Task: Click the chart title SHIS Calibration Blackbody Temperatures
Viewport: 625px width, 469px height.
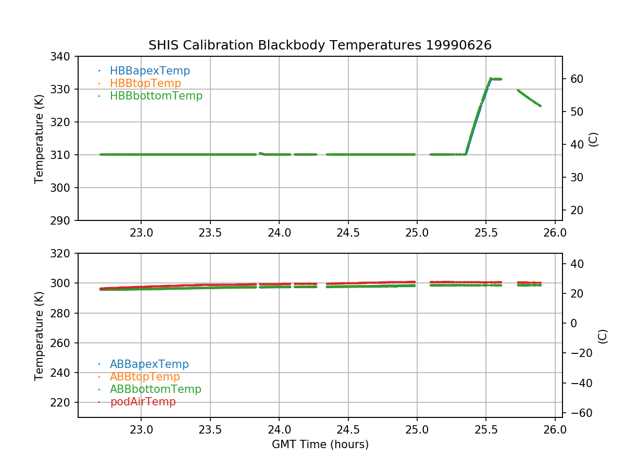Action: pos(320,45)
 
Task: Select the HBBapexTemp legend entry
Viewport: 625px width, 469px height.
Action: pos(149,71)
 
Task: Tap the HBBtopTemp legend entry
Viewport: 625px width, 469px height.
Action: pos(145,83)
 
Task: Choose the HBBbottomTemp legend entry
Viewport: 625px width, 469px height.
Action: pos(156,96)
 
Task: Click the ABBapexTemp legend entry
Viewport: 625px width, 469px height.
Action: pos(149,364)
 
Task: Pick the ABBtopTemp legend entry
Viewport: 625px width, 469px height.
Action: pos(145,377)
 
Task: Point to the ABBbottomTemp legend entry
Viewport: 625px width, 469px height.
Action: pos(155,389)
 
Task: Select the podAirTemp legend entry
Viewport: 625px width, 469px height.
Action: pos(143,402)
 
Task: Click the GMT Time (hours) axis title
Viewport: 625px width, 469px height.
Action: pos(320,445)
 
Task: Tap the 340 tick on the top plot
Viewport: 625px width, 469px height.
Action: pos(63,56)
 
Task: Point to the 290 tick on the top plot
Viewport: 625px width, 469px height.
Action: pos(63,220)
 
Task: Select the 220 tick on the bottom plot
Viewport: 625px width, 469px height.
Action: pos(63,403)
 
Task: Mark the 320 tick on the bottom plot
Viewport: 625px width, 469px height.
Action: pos(63,254)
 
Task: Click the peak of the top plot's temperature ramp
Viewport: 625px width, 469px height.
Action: pos(491,79)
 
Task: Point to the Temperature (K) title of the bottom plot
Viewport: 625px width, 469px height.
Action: pos(39,335)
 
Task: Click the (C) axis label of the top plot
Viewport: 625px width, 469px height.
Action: pos(593,139)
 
